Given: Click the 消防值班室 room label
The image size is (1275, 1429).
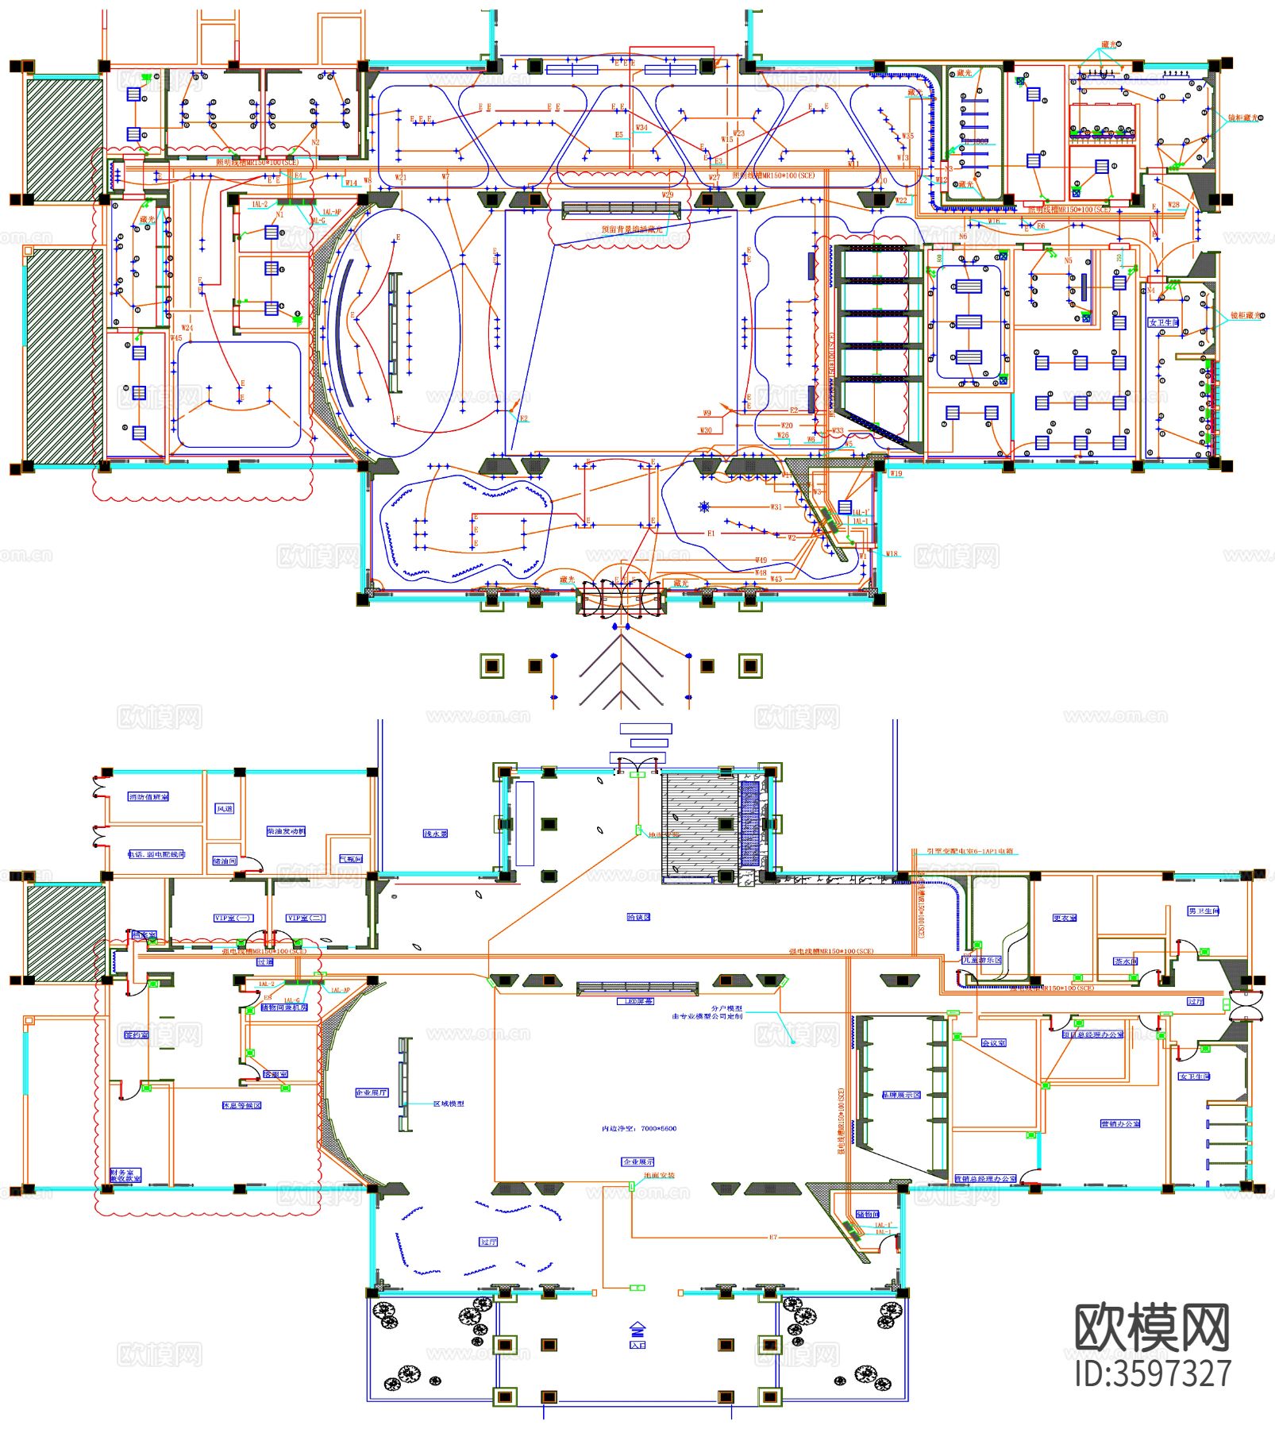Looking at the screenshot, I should click(148, 796).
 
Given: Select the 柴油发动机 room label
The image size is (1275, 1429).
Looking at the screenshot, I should click(286, 831).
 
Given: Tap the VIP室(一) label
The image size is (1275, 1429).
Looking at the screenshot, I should click(233, 918).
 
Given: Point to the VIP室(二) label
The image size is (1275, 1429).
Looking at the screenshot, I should click(306, 918).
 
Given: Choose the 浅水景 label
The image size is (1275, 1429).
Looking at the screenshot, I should click(435, 834).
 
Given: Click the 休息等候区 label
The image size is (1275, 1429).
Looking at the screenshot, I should click(241, 1105).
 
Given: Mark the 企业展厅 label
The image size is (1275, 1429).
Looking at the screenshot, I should click(372, 1092).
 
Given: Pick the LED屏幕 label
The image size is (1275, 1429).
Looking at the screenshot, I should click(637, 1001).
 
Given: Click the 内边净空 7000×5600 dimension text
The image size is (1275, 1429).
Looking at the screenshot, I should click(639, 1128).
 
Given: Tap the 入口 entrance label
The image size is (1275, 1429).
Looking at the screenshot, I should click(637, 1345).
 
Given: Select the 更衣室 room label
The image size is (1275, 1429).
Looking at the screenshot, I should click(1065, 918).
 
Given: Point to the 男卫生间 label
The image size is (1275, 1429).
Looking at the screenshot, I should click(1204, 911).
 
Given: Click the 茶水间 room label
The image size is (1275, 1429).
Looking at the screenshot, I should click(1126, 961).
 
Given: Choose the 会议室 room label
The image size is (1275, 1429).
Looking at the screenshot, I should click(993, 1042).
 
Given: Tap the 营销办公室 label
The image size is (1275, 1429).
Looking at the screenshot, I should click(1120, 1123).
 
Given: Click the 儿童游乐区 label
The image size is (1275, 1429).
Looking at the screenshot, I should click(982, 960).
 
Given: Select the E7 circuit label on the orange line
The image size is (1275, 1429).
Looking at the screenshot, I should click(773, 1237).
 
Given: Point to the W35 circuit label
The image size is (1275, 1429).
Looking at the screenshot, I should click(907, 136).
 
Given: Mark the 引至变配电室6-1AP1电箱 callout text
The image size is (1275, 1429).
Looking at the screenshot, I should click(969, 851).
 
